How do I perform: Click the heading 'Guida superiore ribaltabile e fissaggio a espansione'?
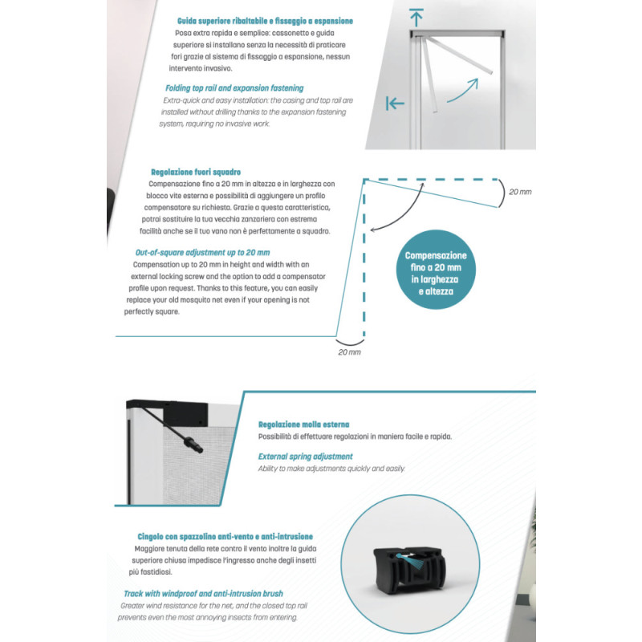coord(264,20)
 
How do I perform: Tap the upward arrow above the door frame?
coord(415,16)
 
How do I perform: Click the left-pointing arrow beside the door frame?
coord(395,103)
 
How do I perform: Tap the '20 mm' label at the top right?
coord(520,192)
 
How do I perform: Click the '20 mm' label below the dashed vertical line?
coord(349,351)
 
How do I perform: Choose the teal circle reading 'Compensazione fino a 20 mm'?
coord(436,274)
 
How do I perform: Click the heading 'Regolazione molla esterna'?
coord(303,425)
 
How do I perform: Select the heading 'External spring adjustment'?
coord(305,457)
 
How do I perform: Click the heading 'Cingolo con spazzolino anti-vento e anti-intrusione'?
coord(225,536)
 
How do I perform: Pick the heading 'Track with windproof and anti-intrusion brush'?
coord(209,595)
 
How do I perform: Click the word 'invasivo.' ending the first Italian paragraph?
coord(193,68)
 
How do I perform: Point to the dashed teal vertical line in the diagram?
coord(365,257)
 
